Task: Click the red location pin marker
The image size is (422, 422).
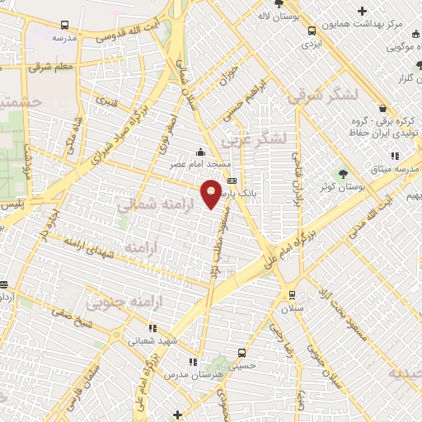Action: pos(212,194)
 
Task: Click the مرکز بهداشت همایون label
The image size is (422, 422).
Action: pos(366,26)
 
